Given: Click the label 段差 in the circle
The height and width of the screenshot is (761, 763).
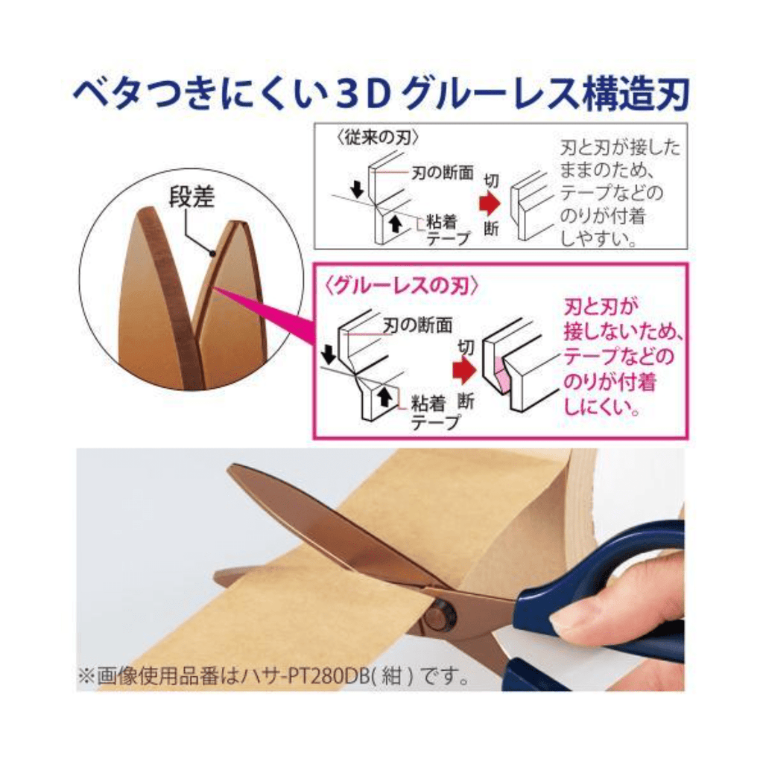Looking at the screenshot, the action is pos(191,197).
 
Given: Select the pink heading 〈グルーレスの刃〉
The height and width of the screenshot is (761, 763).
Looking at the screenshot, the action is pos(402,286).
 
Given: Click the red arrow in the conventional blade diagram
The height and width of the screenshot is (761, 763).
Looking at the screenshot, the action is pos(490,204).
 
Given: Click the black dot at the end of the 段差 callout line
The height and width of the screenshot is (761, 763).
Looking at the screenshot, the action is pos(212,253).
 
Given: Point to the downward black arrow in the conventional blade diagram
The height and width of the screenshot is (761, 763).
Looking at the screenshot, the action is pos(358,189).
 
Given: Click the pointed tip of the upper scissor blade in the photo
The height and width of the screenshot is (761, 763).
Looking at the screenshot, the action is pos(229,468).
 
